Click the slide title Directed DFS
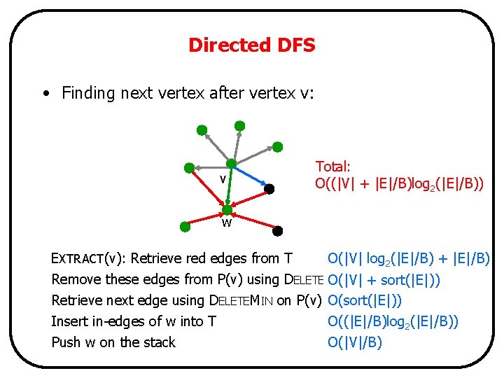[x=251, y=45]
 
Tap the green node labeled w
[x=227, y=209]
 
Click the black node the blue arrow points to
[x=269, y=188]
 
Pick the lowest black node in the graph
[x=277, y=230]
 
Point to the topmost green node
[x=239, y=125]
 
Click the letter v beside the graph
[x=223, y=179]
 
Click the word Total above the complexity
[x=332, y=167]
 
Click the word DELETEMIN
[x=241, y=300]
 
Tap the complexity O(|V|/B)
[x=355, y=342]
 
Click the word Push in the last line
[x=65, y=342]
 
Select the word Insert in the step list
[x=68, y=321]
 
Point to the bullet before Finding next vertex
[x=45, y=93]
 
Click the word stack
[x=157, y=342]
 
